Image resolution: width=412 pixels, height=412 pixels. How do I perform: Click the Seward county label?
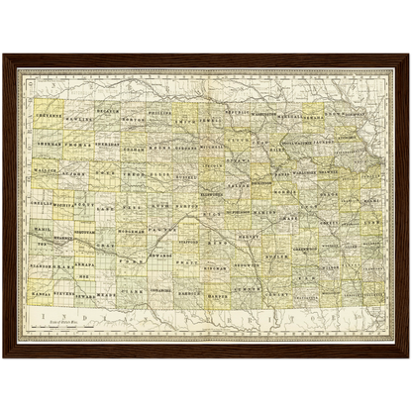click(x=85, y=294)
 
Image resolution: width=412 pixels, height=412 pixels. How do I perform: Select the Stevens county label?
click(x=62, y=294)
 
